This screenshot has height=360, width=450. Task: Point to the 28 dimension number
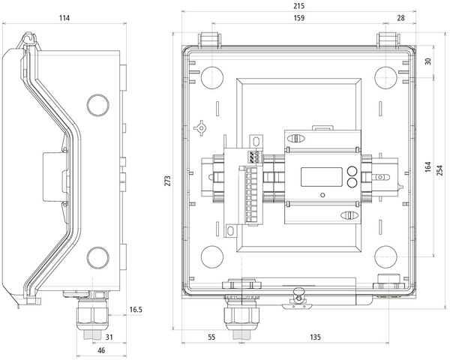(x=400, y=17)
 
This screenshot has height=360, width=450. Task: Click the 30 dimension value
(x=428, y=61)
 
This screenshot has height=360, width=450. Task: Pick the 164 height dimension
(x=428, y=166)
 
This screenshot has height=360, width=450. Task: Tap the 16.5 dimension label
(x=136, y=309)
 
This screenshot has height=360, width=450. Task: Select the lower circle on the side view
(x=97, y=259)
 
